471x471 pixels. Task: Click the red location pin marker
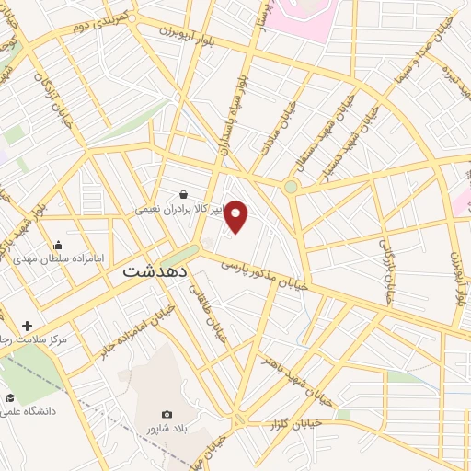click(236, 215)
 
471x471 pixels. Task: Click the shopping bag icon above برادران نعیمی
click(184, 194)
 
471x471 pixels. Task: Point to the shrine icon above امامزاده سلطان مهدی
click(59, 245)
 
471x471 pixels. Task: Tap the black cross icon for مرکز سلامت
click(27, 326)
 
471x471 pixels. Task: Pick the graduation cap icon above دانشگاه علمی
click(10, 397)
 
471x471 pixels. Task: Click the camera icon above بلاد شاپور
click(167, 415)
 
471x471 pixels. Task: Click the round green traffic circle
click(291, 187)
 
